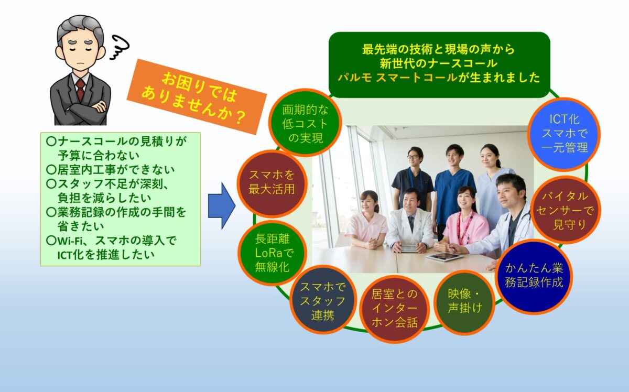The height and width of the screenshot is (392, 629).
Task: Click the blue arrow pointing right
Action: [222, 206]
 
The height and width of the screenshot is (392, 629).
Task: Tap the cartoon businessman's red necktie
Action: [81, 89]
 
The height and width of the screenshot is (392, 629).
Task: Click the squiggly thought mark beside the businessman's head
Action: [120, 47]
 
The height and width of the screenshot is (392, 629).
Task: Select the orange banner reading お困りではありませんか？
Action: [197, 96]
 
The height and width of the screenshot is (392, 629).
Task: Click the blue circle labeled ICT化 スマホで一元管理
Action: [564, 134]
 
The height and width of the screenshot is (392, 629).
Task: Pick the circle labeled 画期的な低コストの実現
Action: [305, 123]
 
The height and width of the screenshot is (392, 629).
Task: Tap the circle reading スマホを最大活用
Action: [272, 184]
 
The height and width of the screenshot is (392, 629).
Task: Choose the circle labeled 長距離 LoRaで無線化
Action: [272, 253]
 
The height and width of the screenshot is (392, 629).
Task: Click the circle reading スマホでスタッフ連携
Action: [323, 300]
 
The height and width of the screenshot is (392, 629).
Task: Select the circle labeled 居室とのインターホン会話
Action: [395, 309]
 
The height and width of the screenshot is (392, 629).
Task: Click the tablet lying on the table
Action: [444, 257]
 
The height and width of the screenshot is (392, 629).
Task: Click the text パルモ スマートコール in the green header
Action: [398, 77]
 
